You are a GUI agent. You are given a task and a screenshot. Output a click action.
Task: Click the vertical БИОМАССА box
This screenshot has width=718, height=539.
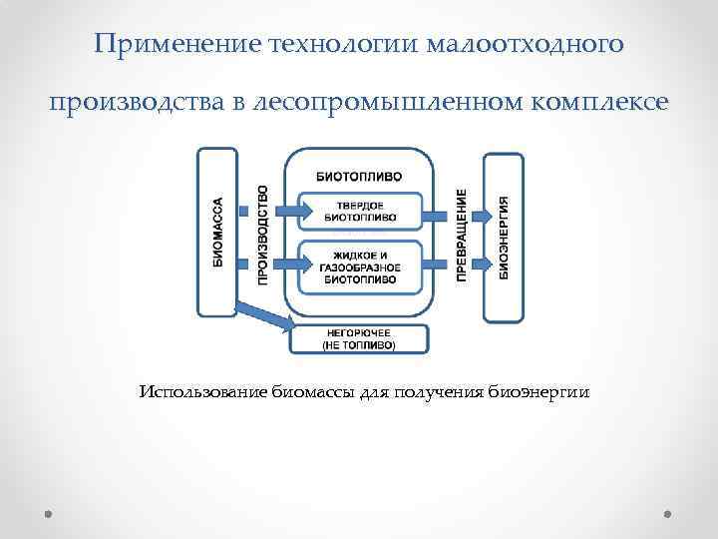tap(218, 232)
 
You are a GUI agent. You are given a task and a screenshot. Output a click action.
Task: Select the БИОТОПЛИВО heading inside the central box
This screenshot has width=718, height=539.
tap(360, 175)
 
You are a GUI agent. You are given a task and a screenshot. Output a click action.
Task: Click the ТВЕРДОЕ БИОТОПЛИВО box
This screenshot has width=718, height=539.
tap(360, 212)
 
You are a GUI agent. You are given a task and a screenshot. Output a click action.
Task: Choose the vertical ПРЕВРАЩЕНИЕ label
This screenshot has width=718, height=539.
tap(463, 235)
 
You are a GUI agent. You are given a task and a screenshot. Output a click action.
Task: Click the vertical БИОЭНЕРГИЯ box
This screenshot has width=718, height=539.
tap(503, 237)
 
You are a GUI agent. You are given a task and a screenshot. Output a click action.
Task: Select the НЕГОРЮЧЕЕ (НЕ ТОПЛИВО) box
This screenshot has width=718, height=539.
tap(359, 338)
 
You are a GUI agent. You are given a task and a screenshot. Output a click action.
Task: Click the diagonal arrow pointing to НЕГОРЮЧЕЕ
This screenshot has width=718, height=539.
tap(267, 317)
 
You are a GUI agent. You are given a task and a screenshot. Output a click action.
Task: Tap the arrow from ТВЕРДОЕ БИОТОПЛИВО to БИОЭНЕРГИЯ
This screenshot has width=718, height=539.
tap(458, 212)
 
